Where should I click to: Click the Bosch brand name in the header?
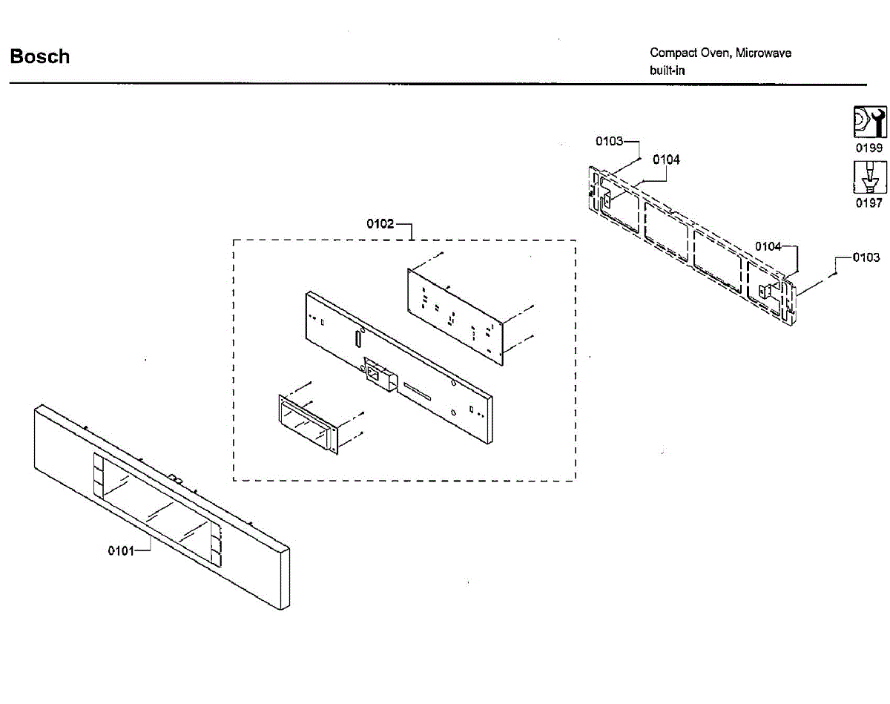(x=40, y=56)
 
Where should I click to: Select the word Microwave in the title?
(x=763, y=53)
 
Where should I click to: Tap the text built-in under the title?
(x=667, y=71)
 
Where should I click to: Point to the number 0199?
(x=869, y=148)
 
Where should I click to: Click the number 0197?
(x=869, y=203)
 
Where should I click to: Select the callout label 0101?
(x=121, y=550)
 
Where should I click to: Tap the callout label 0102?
(x=380, y=224)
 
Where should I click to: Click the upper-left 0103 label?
(x=610, y=141)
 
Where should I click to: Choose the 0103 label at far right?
(x=866, y=257)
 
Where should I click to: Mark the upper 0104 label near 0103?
(x=666, y=159)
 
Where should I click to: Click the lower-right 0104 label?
(x=768, y=246)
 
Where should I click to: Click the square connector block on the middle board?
(x=376, y=375)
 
